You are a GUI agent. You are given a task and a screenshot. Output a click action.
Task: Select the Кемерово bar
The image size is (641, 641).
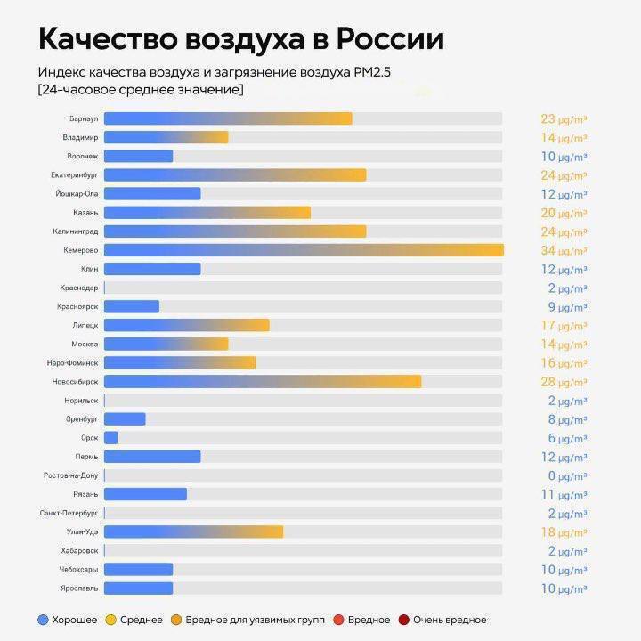point(303,250)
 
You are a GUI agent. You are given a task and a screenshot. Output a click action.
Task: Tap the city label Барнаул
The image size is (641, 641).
point(83,118)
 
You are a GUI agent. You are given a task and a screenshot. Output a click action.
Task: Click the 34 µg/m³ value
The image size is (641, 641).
point(564,250)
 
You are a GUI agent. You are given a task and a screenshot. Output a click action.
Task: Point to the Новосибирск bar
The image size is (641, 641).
point(262,382)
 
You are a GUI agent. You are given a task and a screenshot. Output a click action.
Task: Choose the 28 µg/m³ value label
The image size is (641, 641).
point(564,382)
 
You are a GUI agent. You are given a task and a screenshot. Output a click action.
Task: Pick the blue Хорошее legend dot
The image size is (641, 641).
point(43,620)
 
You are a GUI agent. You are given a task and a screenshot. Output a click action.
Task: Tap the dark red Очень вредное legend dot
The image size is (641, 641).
point(404,620)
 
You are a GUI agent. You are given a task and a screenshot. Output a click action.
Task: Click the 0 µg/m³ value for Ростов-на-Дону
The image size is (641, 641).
point(565,475)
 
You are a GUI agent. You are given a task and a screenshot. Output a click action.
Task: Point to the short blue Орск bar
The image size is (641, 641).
point(110,438)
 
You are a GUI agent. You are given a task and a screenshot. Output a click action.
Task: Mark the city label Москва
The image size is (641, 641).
point(85,345)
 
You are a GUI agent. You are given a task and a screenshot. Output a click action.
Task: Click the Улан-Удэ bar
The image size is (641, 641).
point(193,531)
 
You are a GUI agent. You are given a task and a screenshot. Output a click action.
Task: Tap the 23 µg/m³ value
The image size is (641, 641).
point(564,118)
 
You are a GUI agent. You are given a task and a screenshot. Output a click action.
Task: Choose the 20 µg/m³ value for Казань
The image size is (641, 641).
point(564,213)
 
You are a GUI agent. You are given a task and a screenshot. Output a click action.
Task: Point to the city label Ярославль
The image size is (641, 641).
point(79,588)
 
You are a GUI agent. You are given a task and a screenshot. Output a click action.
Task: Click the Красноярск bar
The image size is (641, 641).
point(131,306)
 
